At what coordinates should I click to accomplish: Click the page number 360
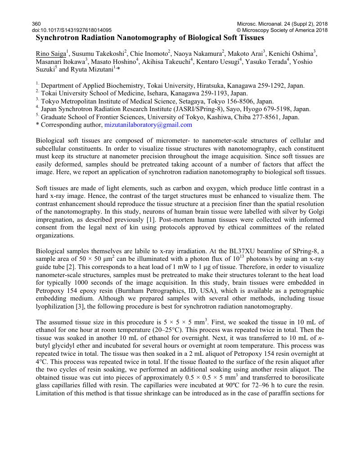[x=36, y=23]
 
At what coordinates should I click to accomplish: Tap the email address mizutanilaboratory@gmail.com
[x=148, y=125]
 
